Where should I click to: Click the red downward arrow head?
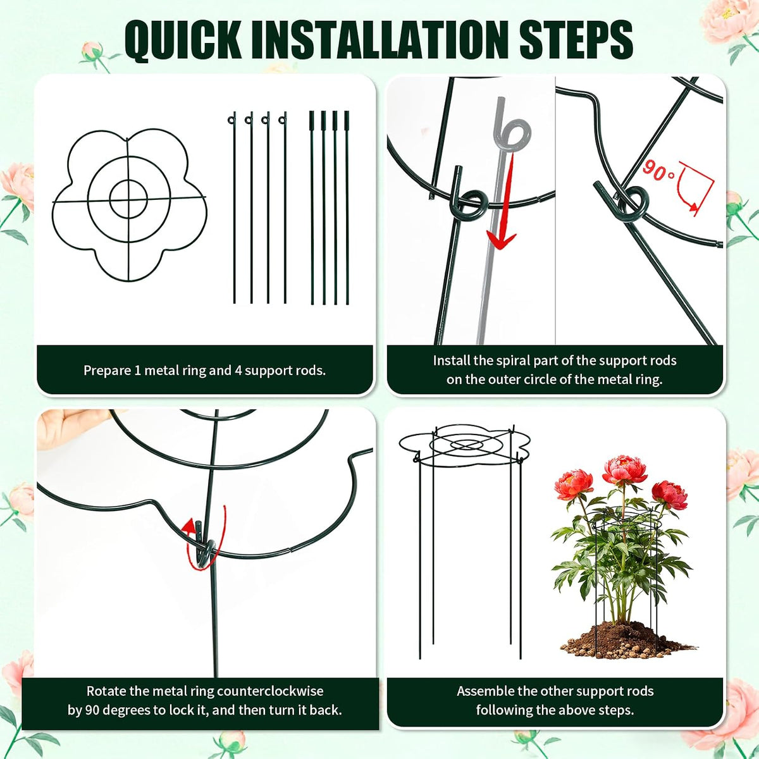pos(500,240)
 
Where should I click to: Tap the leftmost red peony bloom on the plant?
pos(574,484)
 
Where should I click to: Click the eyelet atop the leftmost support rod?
pos(231,119)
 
